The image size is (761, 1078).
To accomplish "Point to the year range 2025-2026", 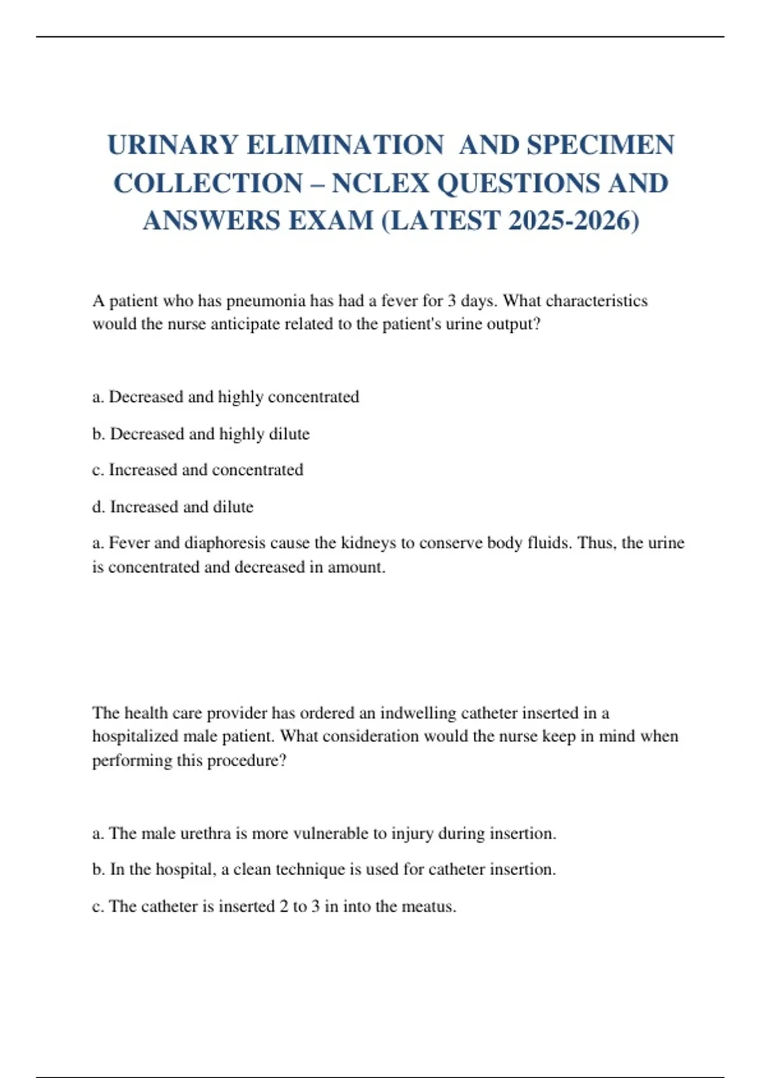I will pos(573,221).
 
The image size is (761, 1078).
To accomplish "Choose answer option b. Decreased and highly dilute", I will pos(201,434).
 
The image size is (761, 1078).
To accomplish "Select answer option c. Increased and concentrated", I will pos(198,470).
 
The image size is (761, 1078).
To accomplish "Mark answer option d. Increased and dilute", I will pos(173,507).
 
